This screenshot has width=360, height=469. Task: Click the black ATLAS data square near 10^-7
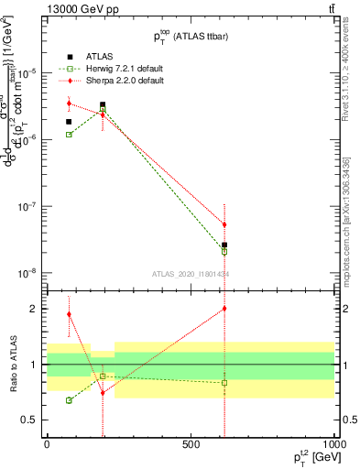[x=224, y=245]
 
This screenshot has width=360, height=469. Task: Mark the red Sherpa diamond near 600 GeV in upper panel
[x=224, y=224]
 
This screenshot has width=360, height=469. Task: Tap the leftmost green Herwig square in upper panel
[x=69, y=135]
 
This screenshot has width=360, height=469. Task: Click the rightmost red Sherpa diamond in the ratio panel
[x=224, y=309]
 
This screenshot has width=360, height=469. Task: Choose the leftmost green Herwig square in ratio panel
[x=69, y=400]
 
